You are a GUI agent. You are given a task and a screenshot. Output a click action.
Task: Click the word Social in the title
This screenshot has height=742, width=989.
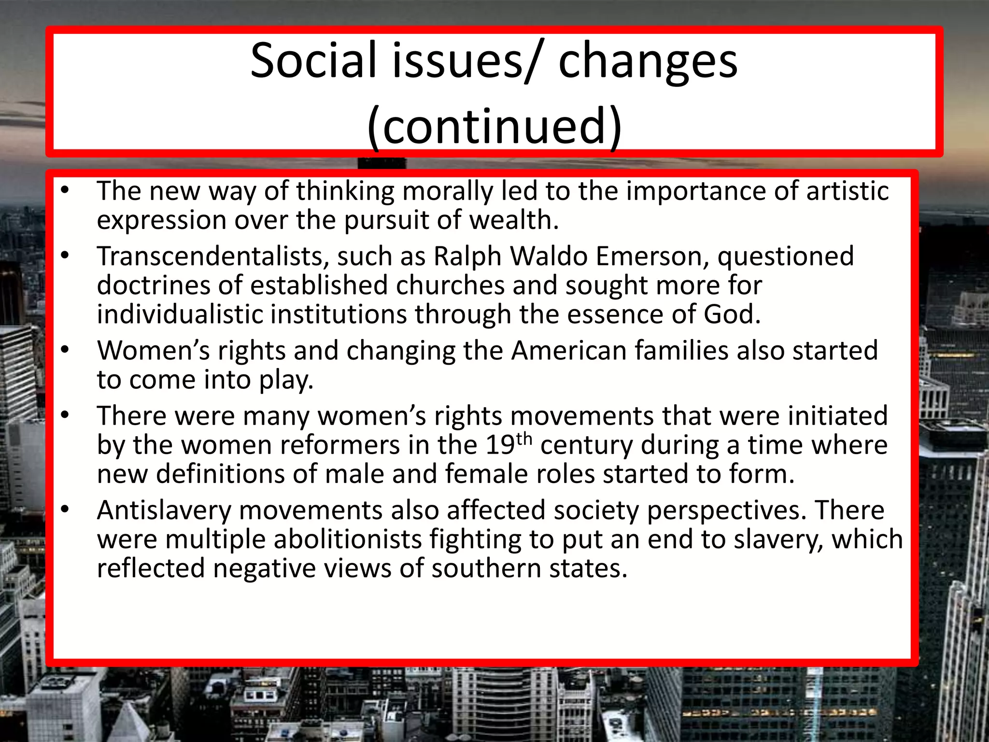pos(313,60)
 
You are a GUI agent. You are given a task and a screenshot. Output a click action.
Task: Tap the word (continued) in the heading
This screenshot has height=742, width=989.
pos(494,126)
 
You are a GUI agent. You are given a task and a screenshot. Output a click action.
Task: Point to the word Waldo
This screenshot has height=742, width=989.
pos(549,256)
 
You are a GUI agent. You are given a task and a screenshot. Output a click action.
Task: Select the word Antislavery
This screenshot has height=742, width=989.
pos(164,510)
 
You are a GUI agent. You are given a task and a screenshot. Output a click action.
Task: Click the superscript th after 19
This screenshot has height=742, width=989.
pos(524,439)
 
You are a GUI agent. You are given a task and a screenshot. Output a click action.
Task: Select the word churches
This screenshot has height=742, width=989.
pos(450,285)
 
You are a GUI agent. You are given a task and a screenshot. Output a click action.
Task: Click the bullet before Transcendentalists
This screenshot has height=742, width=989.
pos(65,256)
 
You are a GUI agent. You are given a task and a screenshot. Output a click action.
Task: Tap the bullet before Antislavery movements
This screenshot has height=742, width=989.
pos(65,510)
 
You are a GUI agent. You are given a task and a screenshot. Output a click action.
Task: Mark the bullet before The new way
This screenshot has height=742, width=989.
pos(65,190)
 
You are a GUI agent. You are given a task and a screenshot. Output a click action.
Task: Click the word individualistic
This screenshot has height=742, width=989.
pos(179,314)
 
